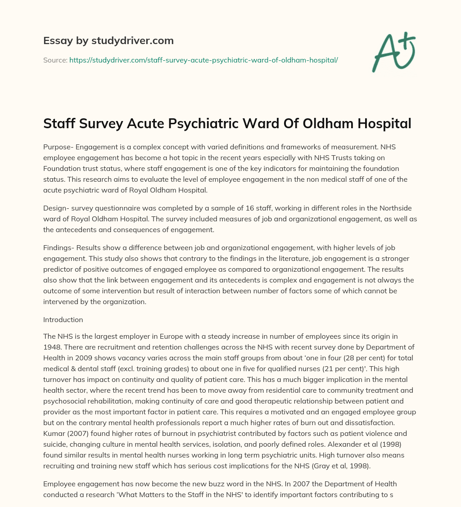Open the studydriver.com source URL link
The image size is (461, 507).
[x=203, y=60]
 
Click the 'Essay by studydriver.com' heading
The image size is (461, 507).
[x=108, y=40]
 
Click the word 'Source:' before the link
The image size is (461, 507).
[x=55, y=60]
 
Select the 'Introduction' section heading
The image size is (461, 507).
[x=63, y=319]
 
